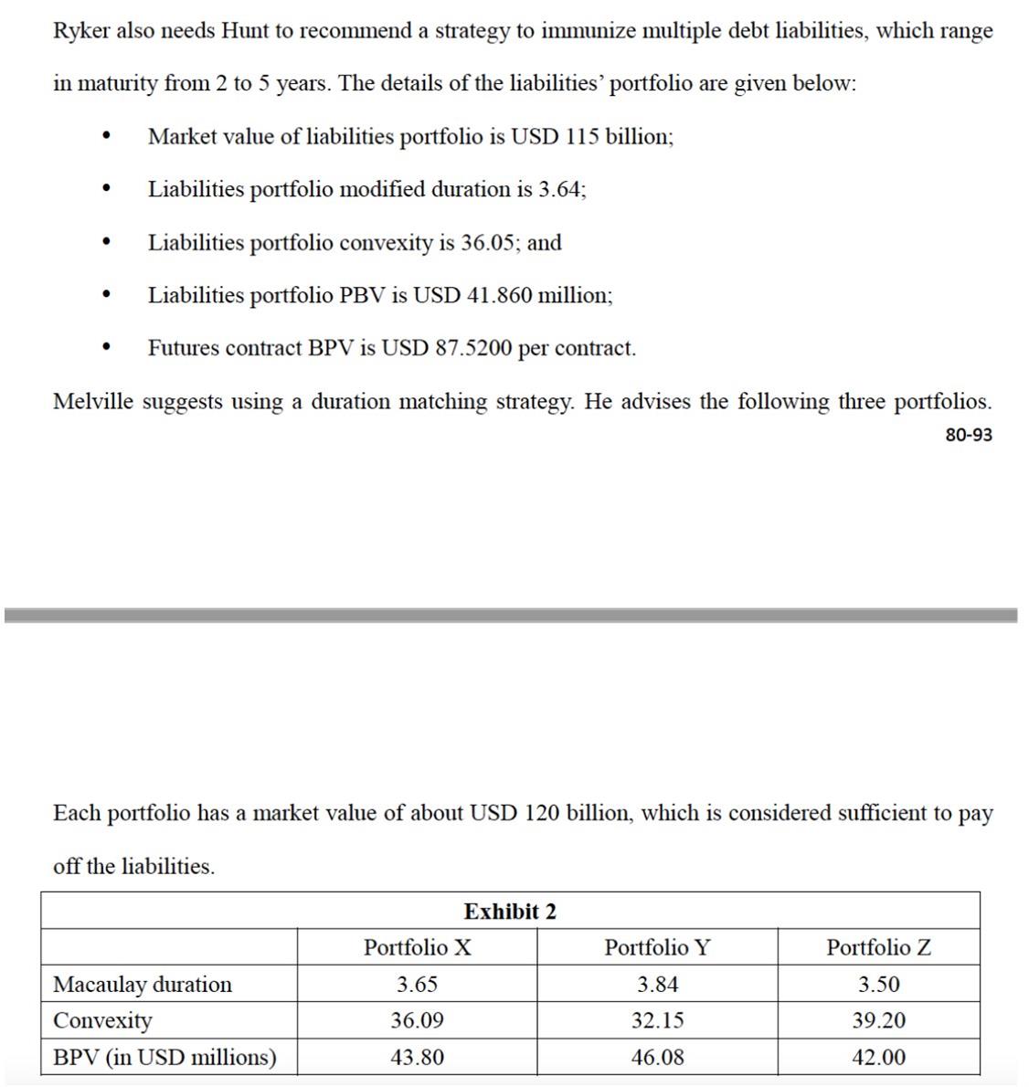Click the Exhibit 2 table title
pyautogui.click(x=510, y=911)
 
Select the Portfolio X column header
pyautogui.click(x=417, y=947)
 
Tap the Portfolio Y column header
pyautogui.click(x=657, y=947)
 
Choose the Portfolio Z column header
pyautogui.click(x=878, y=947)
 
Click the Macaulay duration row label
pyautogui.click(x=143, y=984)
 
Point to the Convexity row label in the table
pyautogui.click(x=102, y=1020)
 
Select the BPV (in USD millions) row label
pyautogui.click(x=164, y=1057)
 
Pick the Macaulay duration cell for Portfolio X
pyautogui.click(x=417, y=984)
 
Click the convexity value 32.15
pyautogui.click(x=657, y=1020)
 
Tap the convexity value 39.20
pyautogui.click(x=878, y=1020)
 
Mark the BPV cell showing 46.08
pyautogui.click(x=657, y=1057)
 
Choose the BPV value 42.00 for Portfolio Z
pyautogui.click(x=878, y=1057)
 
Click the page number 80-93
pyautogui.click(x=968, y=435)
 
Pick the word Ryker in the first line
pyautogui.click(x=81, y=31)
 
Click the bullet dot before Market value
pyautogui.click(x=108, y=137)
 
